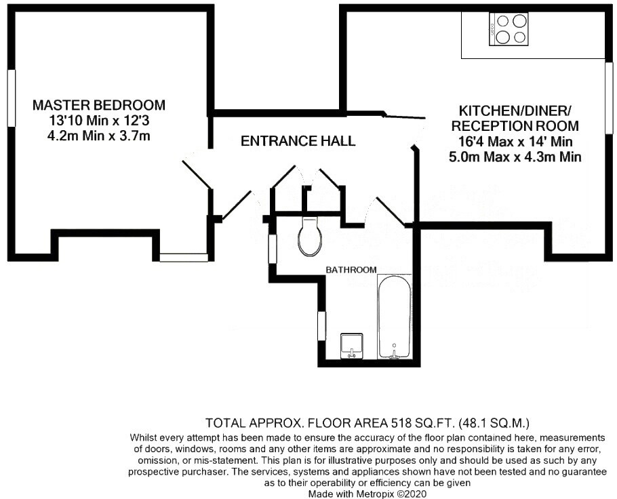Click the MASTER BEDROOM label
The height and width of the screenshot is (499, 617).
click(x=99, y=105)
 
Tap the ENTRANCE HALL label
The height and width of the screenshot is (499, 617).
click(x=298, y=141)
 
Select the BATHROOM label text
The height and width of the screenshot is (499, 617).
click(x=351, y=270)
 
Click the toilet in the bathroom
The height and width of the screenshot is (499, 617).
click(x=308, y=237)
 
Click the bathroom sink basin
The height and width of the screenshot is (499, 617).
click(x=352, y=345)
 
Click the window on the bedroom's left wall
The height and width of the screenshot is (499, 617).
click(x=10, y=98)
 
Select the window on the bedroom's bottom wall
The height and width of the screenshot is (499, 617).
click(x=184, y=257)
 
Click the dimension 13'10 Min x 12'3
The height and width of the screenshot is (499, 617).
click(x=99, y=121)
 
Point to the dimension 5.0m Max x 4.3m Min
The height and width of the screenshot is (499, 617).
click(x=515, y=157)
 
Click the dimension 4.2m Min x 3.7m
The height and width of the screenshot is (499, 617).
click(x=99, y=136)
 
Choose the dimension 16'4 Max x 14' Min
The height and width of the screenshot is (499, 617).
click(x=515, y=142)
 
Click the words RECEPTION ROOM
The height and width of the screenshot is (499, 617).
click(x=515, y=126)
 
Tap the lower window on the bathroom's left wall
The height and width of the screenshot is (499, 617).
click(x=322, y=329)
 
